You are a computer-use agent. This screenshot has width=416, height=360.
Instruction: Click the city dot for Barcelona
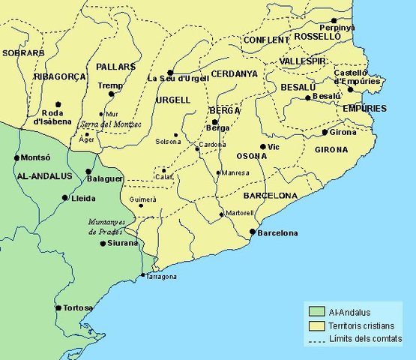(x=252, y=232)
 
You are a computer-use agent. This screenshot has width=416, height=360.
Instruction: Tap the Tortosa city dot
(x=58, y=307)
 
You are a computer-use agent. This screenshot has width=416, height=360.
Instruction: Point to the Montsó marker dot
(x=16, y=158)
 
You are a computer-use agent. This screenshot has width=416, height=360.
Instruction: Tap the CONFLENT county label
(x=266, y=40)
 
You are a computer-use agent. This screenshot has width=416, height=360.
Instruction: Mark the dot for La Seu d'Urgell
(x=170, y=72)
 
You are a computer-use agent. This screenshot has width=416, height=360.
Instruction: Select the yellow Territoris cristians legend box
(x=315, y=326)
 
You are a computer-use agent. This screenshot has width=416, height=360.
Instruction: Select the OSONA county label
(x=251, y=156)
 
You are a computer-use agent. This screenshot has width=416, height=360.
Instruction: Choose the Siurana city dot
(x=103, y=243)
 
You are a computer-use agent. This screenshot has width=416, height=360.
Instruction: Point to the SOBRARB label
(x=19, y=53)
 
